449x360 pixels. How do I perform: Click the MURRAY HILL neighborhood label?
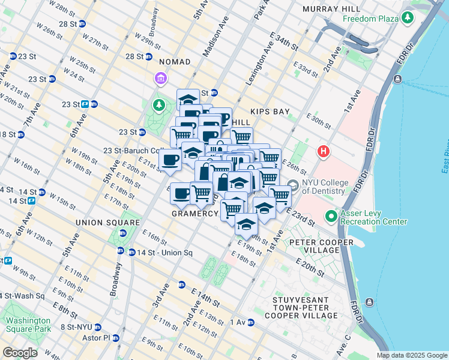click(332, 9)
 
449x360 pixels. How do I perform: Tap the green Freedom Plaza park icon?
click(408, 19)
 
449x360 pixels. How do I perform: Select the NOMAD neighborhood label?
click(175, 62)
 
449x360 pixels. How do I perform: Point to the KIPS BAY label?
click(271, 112)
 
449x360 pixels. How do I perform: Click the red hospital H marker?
click(324, 152)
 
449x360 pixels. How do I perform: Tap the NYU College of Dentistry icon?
click(293, 186)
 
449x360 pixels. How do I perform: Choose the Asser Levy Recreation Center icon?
click(331, 216)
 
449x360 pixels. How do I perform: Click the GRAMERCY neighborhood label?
click(195, 214)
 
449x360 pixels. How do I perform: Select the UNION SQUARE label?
click(98, 222)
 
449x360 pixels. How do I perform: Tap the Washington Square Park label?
click(28, 324)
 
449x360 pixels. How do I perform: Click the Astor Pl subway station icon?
click(116, 338)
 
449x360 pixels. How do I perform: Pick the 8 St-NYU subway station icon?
click(97, 327)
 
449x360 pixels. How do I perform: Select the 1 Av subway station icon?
click(250, 322)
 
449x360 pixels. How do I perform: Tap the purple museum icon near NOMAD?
click(160, 79)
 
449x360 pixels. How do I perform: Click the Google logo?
click(20, 352)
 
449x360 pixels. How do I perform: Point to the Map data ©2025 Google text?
click(412, 355)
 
